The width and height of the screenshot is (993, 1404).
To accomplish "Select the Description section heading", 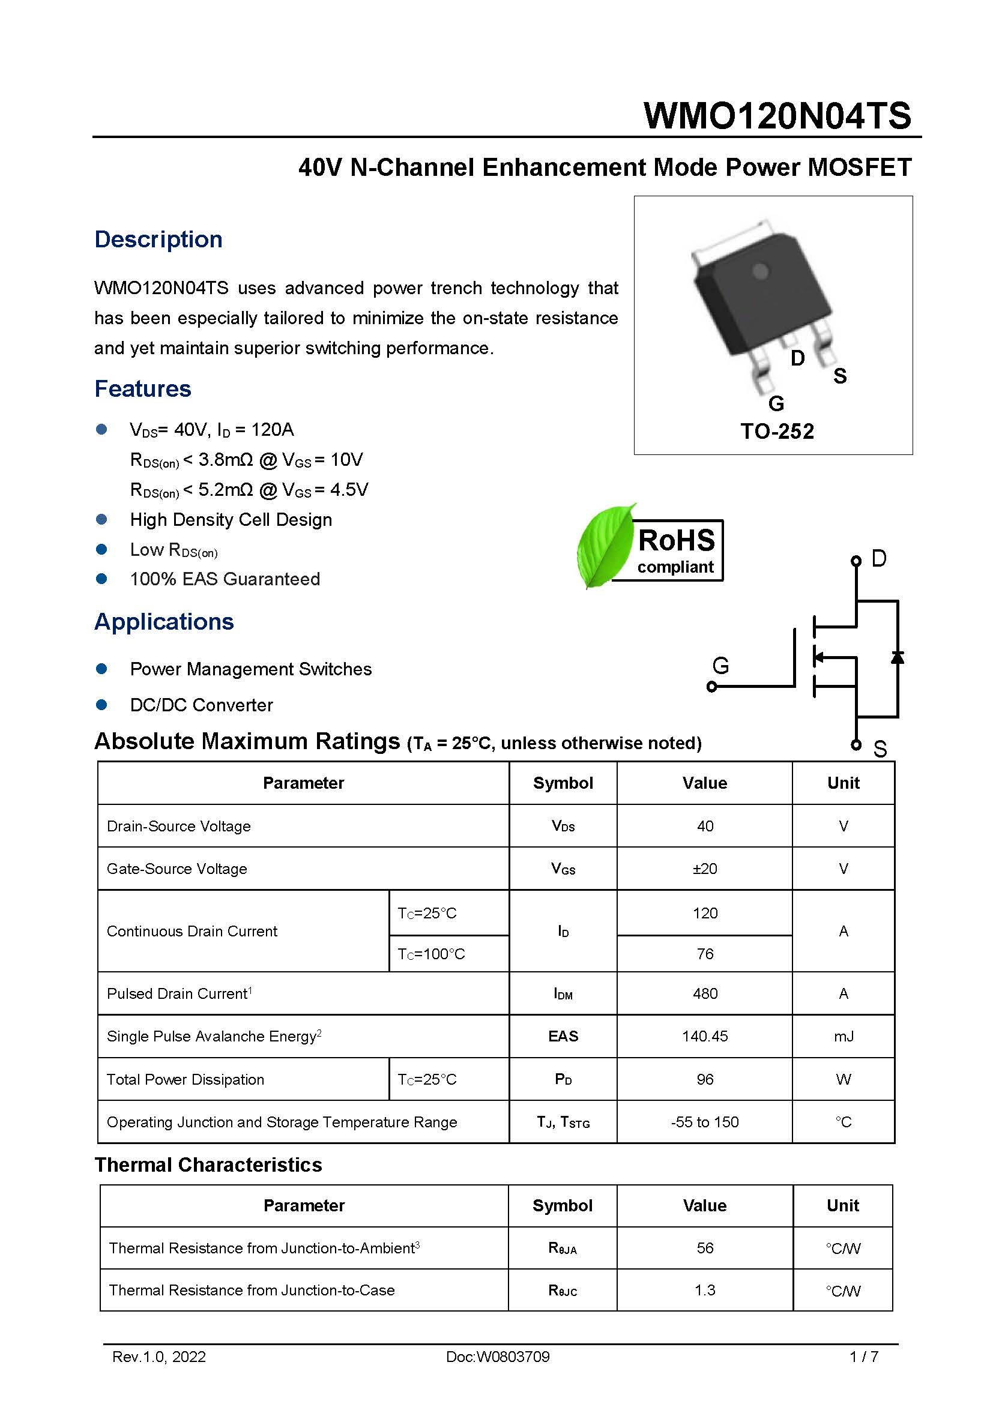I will pos(158,239).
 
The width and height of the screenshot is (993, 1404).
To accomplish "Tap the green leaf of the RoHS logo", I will pos(605,546).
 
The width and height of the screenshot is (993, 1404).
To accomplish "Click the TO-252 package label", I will pos(776,431).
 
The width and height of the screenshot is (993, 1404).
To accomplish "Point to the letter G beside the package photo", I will pos(776,403).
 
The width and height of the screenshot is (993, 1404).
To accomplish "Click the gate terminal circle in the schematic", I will pos(711,687).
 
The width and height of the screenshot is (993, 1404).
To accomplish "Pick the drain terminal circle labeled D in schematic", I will pos(856,561).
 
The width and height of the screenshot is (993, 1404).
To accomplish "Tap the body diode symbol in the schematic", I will pos(897,657).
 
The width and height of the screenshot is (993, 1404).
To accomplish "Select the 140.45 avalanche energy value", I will pos(704,1036).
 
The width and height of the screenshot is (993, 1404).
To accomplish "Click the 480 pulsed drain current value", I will pos(704,993).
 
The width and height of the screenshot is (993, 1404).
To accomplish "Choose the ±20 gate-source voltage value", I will pos(704,869).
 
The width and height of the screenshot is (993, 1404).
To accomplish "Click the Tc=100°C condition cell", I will pos(432,953).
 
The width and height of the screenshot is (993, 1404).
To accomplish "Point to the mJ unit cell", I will pos(843,1036).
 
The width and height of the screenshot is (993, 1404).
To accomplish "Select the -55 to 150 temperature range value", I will pos(704,1121).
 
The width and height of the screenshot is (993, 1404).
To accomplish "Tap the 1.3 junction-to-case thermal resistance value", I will pos(704,1289).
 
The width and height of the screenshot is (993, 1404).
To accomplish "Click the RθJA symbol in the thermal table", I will pos(563,1248).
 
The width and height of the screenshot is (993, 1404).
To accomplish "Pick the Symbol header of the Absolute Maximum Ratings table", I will pos(563,783).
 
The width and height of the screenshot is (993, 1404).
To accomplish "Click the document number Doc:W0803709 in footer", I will pos(498,1357).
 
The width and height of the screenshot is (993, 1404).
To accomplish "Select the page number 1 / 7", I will pos(863,1357).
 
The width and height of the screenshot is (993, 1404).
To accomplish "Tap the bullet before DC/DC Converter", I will pos(101,705).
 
